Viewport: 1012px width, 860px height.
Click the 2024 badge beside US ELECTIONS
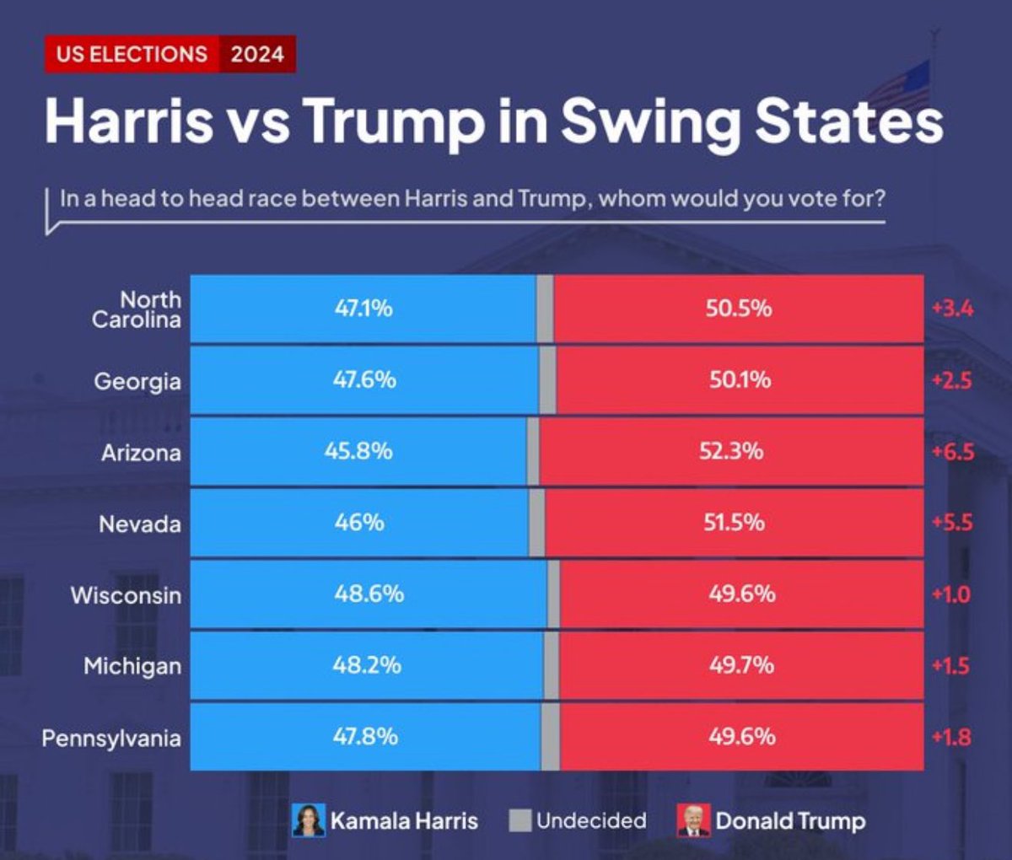point(257,54)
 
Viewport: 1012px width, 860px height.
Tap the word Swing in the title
point(650,121)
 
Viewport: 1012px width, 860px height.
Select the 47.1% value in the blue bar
point(363,309)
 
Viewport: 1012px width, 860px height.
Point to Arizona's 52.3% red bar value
point(731,451)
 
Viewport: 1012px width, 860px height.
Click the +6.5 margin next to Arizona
point(952,452)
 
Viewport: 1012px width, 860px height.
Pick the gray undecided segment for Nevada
point(536,524)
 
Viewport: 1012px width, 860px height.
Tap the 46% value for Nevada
point(359,523)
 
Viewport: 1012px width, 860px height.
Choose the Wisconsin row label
point(126,595)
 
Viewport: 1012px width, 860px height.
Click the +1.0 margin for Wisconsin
point(950,594)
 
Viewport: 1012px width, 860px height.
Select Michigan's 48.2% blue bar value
point(367,665)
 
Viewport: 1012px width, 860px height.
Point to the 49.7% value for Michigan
point(741,665)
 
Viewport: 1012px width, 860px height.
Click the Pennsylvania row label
point(111,739)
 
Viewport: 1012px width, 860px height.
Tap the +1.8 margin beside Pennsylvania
point(951,737)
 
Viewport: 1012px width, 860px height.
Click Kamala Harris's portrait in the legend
point(309,820)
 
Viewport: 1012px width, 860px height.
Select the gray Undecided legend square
point(520,820)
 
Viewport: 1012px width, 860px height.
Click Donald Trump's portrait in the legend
point(693,820)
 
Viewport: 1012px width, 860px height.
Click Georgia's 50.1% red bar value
point(740,380)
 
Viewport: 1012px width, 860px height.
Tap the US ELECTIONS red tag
point(132,54)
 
